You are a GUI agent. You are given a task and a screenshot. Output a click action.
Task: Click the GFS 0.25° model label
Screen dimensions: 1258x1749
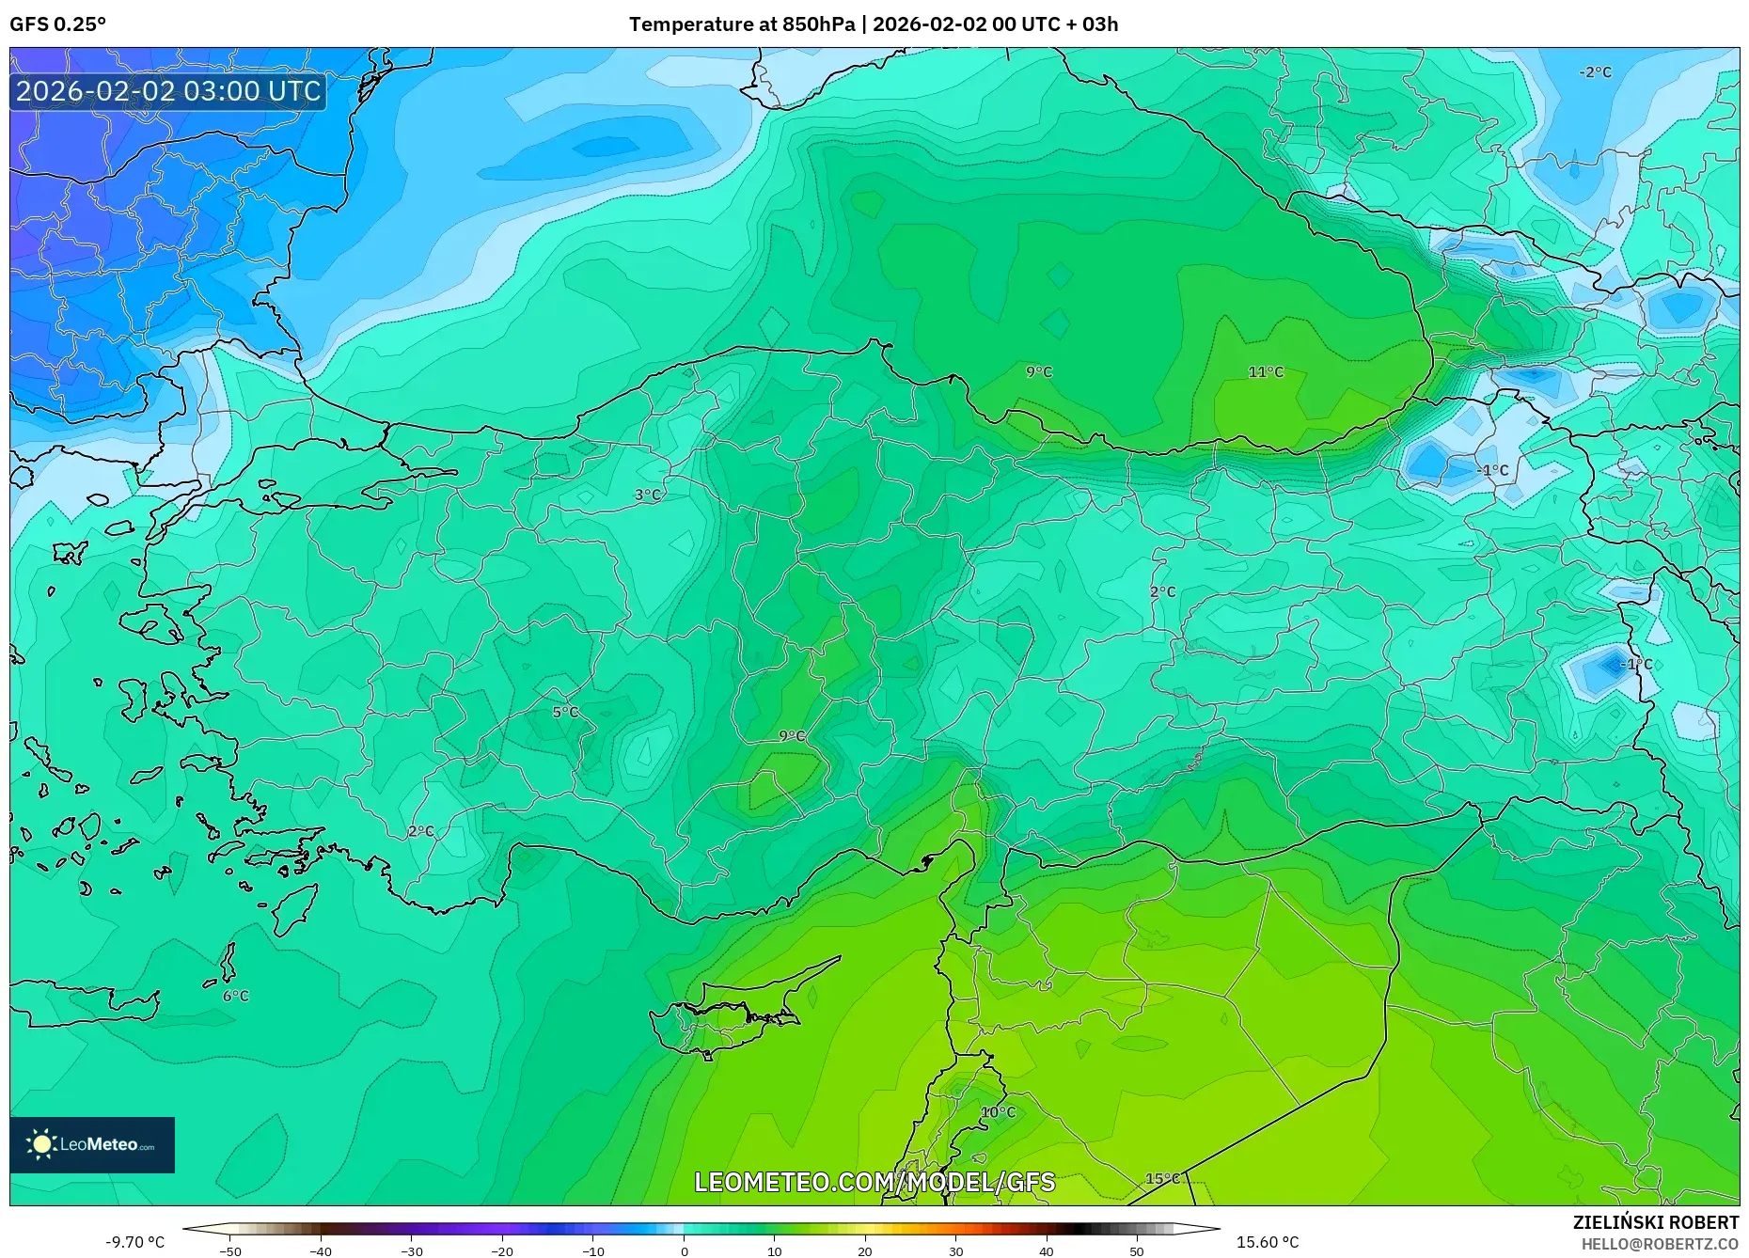[57, 24]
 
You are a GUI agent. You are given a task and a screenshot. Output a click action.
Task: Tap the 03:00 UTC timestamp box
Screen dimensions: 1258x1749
[168, 91]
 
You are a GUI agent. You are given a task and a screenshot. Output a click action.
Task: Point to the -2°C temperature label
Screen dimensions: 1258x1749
[1595, 72]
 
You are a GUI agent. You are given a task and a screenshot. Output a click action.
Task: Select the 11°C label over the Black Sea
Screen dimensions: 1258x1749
[1266, 372]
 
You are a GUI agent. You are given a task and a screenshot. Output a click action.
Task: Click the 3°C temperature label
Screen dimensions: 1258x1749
[647, 495]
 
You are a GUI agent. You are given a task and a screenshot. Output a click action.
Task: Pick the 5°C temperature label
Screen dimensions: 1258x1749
[565, 713]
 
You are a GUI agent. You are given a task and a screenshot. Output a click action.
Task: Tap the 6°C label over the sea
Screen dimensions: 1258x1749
[235, 996]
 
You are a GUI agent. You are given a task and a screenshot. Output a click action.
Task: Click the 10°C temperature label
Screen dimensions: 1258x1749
[998, 1112]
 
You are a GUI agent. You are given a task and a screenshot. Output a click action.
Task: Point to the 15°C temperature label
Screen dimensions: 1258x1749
[1162, 1178]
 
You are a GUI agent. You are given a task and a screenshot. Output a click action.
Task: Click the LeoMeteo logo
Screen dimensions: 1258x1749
[92, 1144]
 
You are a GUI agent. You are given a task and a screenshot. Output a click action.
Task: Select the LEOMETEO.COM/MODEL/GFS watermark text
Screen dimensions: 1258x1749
[874, 1182]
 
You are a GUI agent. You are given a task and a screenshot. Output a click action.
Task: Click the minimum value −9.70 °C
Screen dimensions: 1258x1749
[134, 1242]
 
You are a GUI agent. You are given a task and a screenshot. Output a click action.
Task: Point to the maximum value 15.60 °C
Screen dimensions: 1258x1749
[1268, 1242]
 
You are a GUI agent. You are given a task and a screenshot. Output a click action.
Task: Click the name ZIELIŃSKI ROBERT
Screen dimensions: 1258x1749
[1655, 1222]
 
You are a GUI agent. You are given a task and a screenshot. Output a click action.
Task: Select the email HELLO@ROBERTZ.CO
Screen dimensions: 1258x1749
[1659, 1244]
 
